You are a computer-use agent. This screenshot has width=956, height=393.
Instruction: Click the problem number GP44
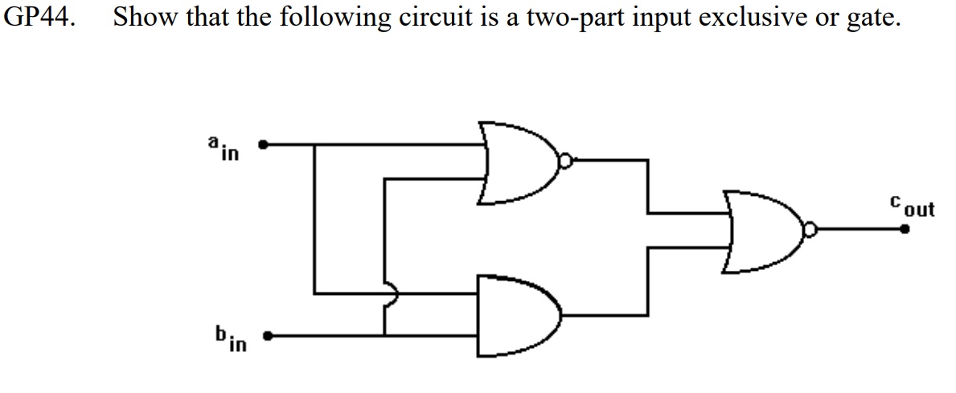[x=39, y=18]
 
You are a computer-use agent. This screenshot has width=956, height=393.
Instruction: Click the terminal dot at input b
[x=269, y=336]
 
